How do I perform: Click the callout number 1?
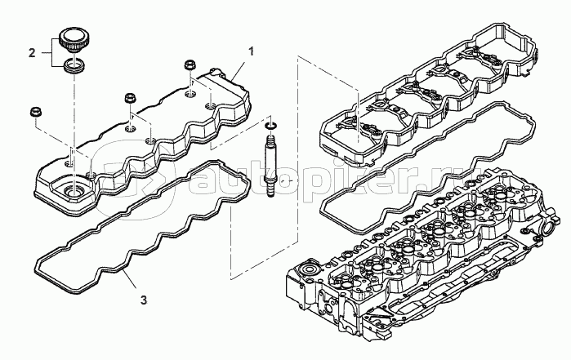(x=252, y=51)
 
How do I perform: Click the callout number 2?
(x=32, y=53)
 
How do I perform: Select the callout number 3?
(x=144, y=300)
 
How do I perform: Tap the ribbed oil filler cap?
(x=73, y=40)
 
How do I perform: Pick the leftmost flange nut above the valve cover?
(x=35, y=112)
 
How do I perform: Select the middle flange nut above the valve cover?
(x=131, y=98)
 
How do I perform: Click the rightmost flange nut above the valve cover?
(x=190, y=66)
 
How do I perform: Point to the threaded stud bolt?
(x=270, y=165)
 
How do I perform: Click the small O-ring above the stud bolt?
(x=270, y=126)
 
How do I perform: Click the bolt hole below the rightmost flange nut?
(x=190, y=95)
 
